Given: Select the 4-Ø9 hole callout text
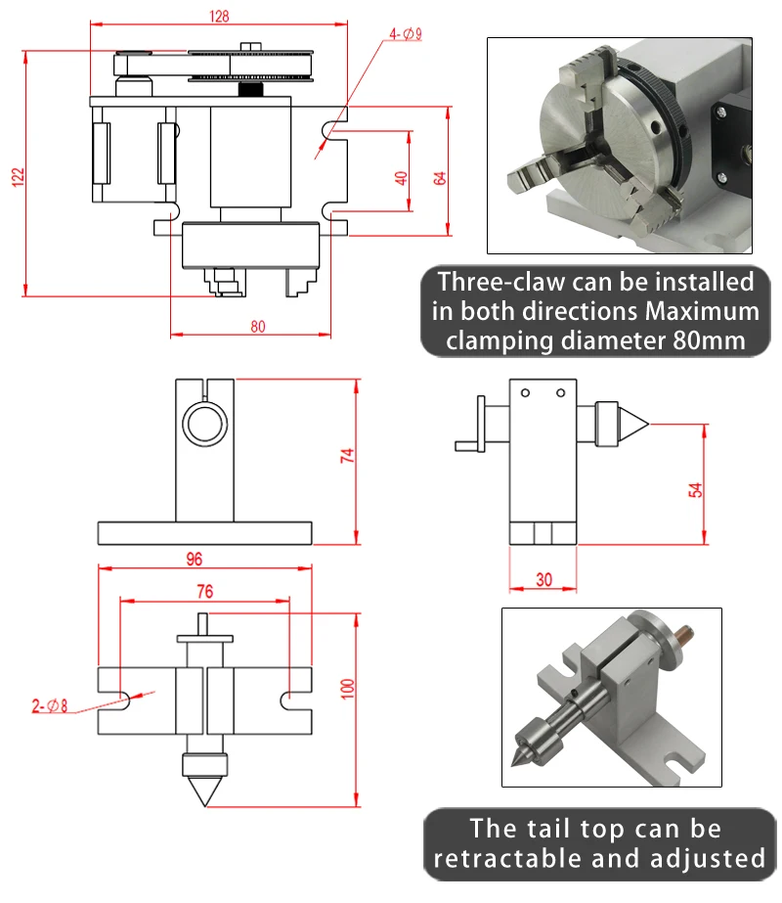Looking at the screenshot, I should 405,34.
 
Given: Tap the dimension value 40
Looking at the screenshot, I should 400,178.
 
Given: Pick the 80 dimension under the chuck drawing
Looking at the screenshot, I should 257,327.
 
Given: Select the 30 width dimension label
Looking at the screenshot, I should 543,579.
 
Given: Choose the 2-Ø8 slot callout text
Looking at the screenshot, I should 50,704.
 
